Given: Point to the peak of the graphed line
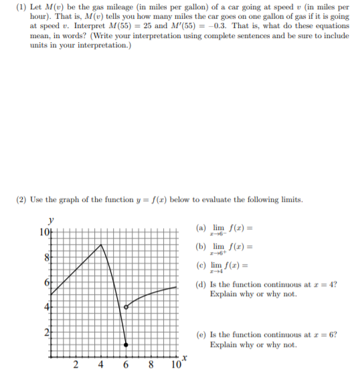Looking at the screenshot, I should pos(100,245).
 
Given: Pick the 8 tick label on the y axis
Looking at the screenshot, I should pos(46,257).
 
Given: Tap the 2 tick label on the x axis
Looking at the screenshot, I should pos(74,365).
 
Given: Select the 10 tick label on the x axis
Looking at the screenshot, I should pos(176,366).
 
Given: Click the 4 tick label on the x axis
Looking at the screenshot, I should pos(100,365).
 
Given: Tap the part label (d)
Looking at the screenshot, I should pos(200,285).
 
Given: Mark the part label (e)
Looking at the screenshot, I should pos(200,335).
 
